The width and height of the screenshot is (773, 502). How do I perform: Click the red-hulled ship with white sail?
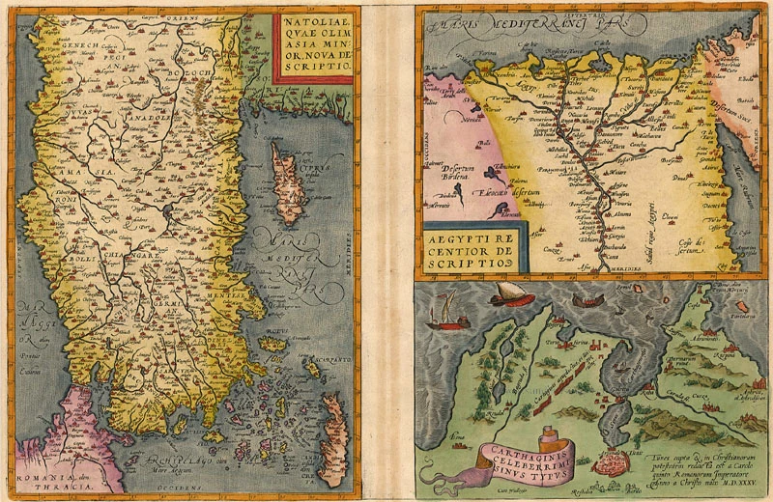click(x=508, y=293)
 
